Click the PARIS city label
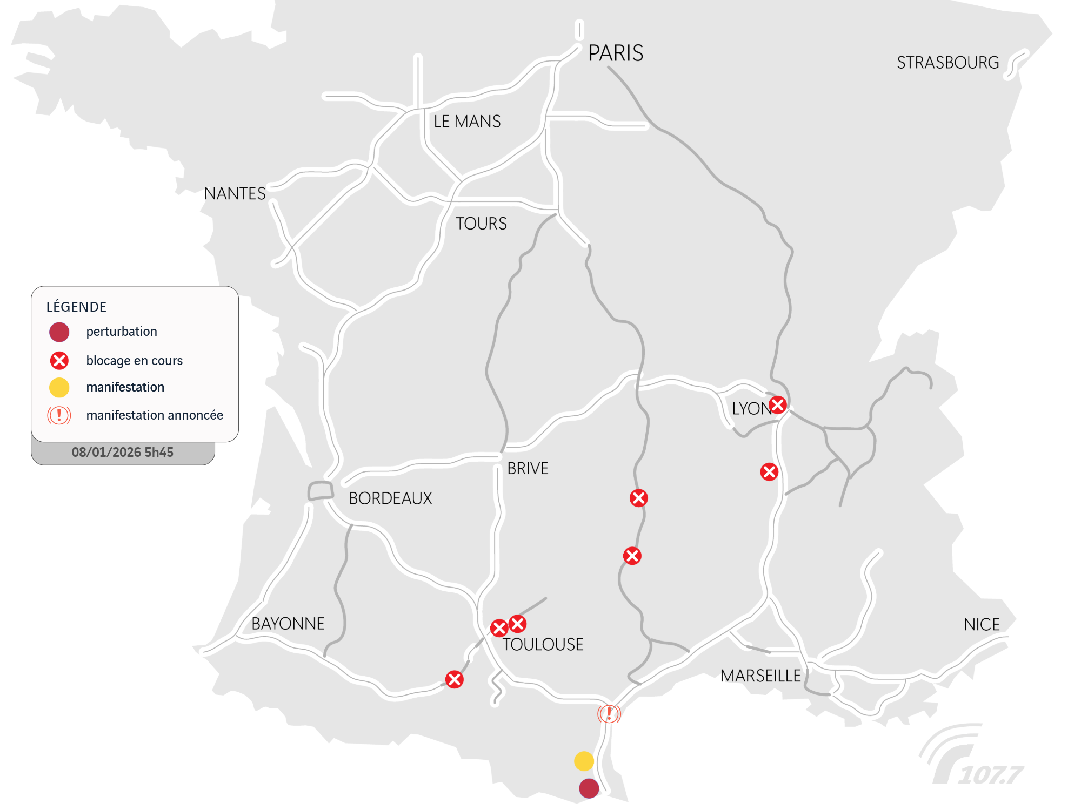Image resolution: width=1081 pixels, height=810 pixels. click(x=616, y=53)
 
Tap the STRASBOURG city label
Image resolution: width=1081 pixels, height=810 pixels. click(x=947, y=63)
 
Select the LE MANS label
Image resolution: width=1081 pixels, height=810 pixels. click(x=467, y=122)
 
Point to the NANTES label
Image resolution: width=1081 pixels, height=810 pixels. click(x=235, y=194)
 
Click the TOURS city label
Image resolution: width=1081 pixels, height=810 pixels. click(x=481, y=224)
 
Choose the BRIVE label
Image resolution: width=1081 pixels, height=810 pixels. click(x=528, y=468)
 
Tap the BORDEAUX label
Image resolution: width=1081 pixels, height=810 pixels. click(x=390, y=498)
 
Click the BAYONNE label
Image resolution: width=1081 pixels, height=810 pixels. click(x=288, y=624)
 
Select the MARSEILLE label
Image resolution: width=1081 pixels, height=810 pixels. click(x=760, y=676)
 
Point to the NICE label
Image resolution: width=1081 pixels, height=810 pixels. click(x=982, y=625)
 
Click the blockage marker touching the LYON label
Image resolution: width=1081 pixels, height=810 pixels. click(x=778, y=404)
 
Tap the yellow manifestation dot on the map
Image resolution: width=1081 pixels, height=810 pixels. click(x=584, y=761)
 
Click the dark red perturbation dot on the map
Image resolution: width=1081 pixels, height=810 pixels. click(x=589, y=788)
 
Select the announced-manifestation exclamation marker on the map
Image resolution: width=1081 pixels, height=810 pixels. click(x=609, y=714)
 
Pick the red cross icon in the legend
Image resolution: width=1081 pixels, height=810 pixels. click(x=59, y=360)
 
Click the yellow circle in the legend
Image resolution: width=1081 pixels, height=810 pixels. click(x=59, y=387)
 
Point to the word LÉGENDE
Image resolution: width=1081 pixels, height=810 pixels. click(x=76, y=307)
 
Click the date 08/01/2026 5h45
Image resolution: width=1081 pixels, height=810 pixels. click(x=123, y=453)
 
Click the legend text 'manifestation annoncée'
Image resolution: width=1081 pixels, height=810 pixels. click(x=155, y=415)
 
